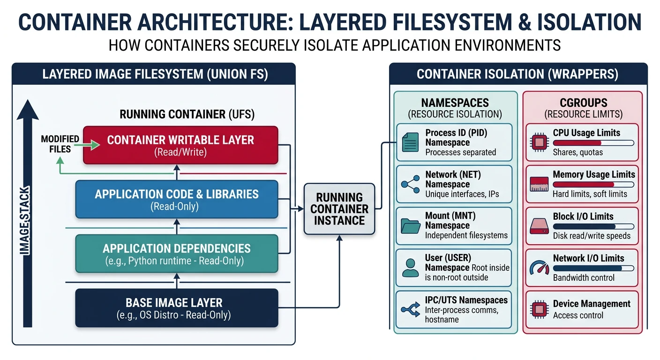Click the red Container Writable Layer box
[x=180, y=145]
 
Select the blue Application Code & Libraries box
[x=176, y=199]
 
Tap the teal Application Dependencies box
[x=176, y=254]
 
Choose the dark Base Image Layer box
[x=176, y=308]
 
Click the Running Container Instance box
[x=339, y=209]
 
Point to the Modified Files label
[x=60, y=144]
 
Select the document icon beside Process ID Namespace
[x=410, y=142]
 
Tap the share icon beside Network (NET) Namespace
[x=410, y=184]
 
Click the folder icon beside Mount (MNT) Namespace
[x=410, y=226]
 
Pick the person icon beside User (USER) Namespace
[x=410, y=268]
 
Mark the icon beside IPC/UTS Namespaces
[x=410, y=309]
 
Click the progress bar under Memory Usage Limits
[x=593, y=185]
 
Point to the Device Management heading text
[x=592, y=304]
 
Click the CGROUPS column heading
[x=583, y=103]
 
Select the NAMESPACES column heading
[x=455, y=103]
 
